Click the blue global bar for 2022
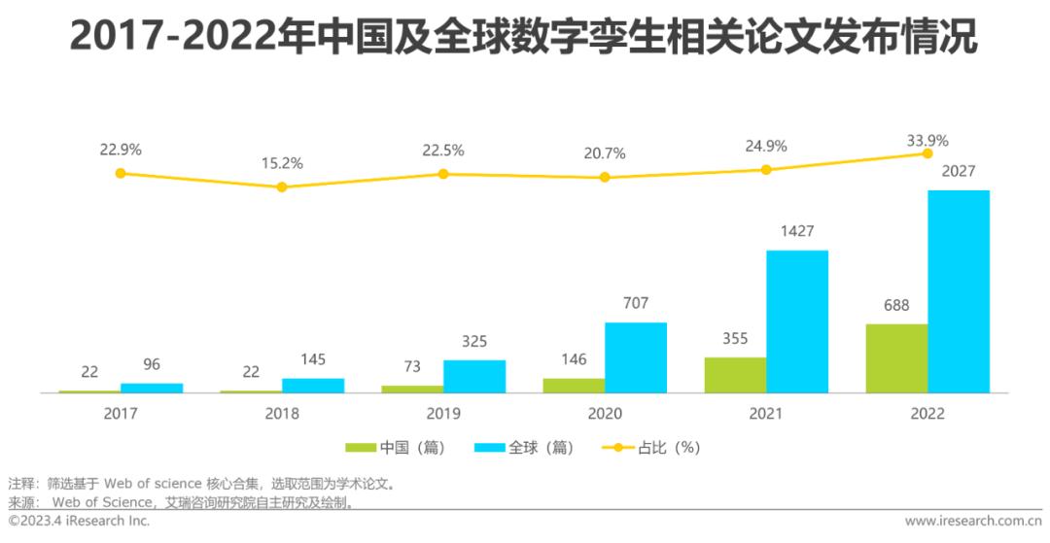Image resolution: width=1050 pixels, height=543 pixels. (x=958, y=291)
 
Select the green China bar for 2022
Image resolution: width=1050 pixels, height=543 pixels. (x=896, y=358)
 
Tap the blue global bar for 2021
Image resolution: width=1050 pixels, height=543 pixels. (x=797, y=322)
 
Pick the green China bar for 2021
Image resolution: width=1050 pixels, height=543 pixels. (x=735, y=375)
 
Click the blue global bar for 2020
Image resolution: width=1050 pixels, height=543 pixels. (x=636, y=357)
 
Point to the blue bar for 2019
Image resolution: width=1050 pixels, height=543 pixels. (x=474, y=376)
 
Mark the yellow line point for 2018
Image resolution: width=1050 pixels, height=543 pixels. (x=282, y=187)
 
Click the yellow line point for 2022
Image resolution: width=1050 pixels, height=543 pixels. (x=927, y=153)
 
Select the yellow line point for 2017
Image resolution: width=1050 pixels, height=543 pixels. (x=121, y=174)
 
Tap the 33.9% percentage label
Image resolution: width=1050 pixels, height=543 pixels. (x=927, y=139)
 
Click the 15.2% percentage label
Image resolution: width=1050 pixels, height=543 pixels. (x=282, y=163)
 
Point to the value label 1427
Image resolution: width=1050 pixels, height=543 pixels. (x=797, y=232)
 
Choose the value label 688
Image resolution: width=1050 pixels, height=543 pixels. (x=896, y=305)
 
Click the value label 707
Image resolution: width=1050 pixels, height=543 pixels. (x=636, y=304)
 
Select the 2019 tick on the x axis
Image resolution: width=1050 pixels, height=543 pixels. (x=443, y=413)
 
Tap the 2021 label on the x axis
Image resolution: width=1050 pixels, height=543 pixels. (x=766, y=413)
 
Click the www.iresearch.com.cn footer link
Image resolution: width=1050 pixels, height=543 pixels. (x=973, y=522)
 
